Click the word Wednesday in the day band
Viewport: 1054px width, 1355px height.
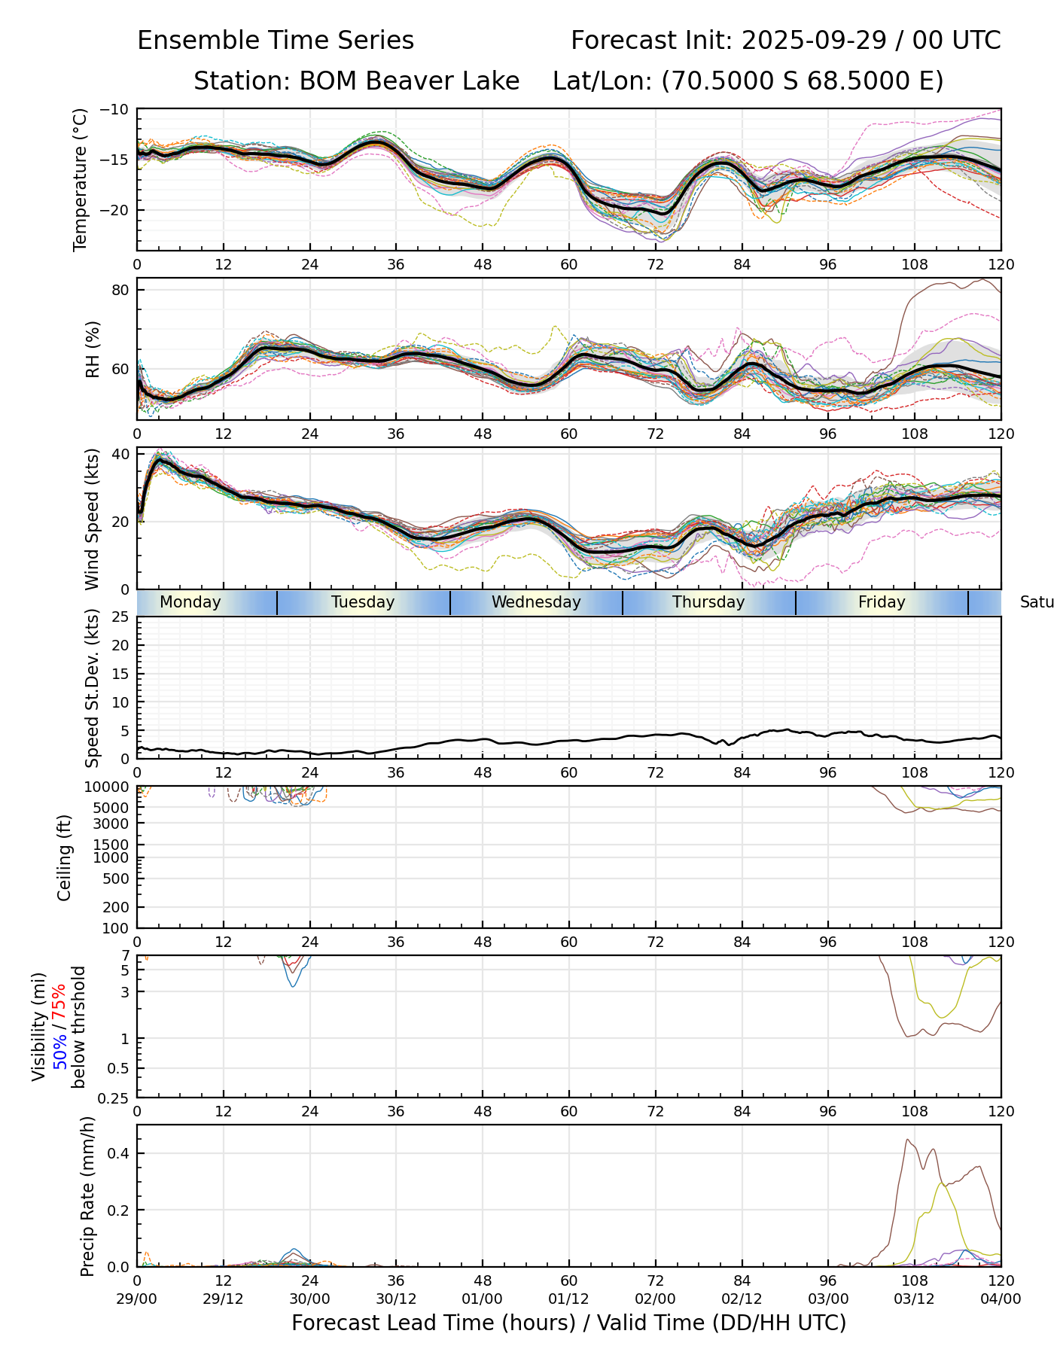536,602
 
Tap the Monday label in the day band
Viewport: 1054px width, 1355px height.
190,602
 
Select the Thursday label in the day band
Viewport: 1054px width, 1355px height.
708,602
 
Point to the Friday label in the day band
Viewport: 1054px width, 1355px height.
882,602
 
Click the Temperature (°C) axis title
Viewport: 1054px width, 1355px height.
81,179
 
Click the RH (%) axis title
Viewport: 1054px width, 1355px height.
93,349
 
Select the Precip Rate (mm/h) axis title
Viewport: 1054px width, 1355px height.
88,1195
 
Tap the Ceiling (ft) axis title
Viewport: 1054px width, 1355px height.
65,857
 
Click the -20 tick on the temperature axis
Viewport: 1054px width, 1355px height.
116,211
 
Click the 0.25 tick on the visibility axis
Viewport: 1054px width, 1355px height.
114,1098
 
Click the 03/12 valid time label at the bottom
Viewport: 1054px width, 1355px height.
914,1299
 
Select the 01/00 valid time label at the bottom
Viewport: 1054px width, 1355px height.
483,1299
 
